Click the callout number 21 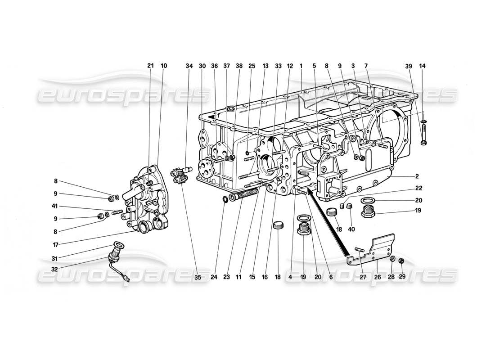[150, 66]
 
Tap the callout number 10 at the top [163, 66]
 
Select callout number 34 [189, 66]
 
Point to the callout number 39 [408, 66]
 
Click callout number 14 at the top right [423, 66]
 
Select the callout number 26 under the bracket [377, 278]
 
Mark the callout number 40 [351, 229]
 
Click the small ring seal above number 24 [225, 199]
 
